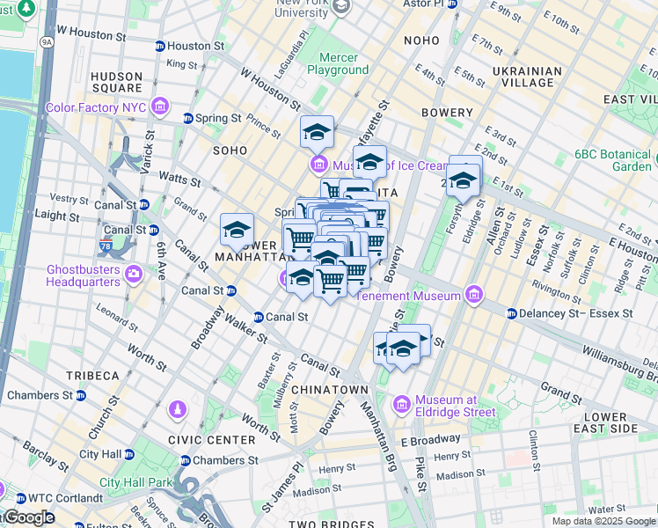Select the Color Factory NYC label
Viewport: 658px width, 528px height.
point(95,107)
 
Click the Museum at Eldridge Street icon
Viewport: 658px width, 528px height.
point(403,404)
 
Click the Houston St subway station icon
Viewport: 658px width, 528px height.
point(159,46)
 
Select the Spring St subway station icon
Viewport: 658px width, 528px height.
point(187,118)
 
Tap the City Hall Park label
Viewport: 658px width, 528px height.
point(136,482)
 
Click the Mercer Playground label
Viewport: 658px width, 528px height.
point(338,63)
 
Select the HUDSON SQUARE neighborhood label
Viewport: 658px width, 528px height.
point(116,82)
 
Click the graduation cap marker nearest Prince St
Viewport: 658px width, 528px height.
point(317,133)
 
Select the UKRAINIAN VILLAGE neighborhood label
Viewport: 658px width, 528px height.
point(527,77)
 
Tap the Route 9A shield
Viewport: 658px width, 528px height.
point(47,40)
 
